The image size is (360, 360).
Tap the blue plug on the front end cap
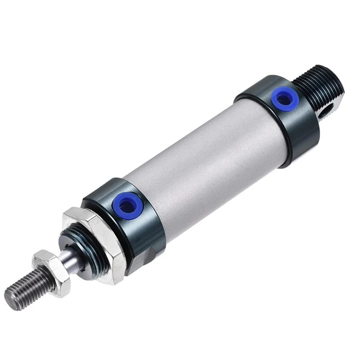pyautogui.click(x=128, y=206)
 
